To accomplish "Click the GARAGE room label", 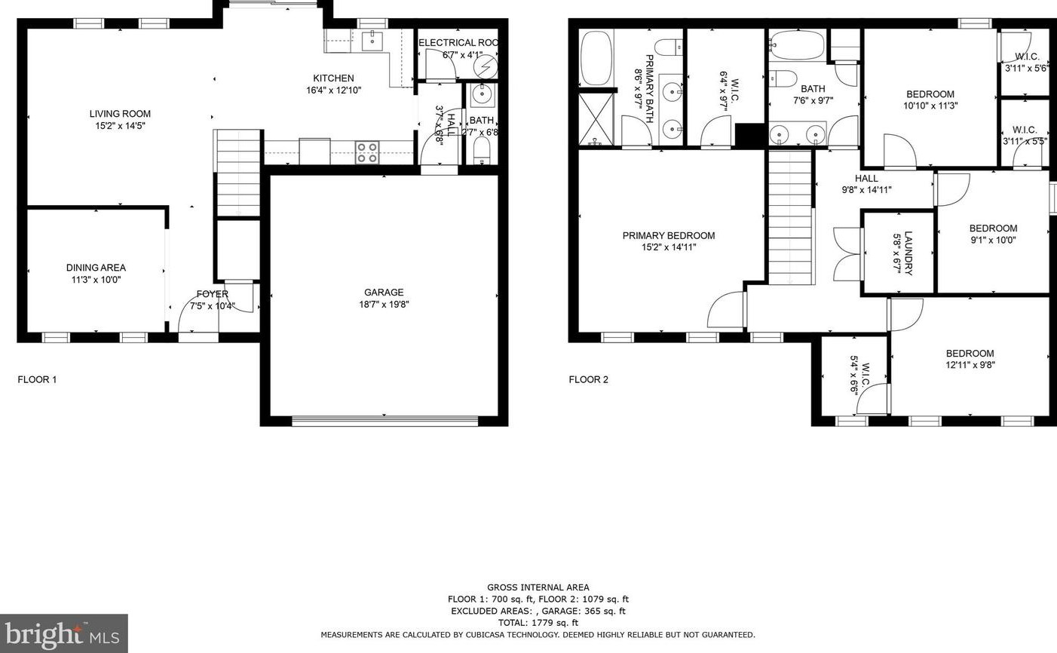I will [x=384, y=293].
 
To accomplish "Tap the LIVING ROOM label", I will [x=120, y=114].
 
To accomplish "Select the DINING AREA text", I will [x=96, y=268].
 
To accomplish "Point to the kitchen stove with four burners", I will [x=367, y=152].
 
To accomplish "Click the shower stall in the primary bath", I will [x=596, y=118].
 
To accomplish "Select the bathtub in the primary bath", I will [x=597, y=58].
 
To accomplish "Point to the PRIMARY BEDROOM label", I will [x=669, y=235].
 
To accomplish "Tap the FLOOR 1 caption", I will [x=37, y=379].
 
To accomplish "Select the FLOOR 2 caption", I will [x=588, y=379].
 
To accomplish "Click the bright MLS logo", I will [x=63, y=633].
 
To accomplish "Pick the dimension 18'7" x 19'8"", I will [x=384, y=305].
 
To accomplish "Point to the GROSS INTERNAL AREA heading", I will [x=538, y=587].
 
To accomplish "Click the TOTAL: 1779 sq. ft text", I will [x=538, y=623].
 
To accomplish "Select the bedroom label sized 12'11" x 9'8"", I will [x=970, y=353].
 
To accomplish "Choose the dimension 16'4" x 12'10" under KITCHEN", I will [x=333, y=90].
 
